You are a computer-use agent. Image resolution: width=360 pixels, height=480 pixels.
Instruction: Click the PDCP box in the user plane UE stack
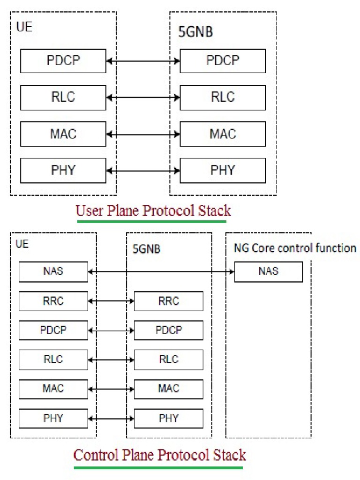click(63, 61)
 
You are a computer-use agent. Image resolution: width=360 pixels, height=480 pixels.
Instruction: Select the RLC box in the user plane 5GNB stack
click(223, 97)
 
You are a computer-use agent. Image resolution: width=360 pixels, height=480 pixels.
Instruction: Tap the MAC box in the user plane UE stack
click(63, 134)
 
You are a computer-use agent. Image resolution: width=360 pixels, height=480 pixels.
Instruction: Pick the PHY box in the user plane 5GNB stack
click(223, 171)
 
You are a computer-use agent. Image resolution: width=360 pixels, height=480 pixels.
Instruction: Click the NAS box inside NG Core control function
click(268, 272)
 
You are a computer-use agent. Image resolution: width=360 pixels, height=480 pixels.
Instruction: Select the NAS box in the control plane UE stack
click(53, 272)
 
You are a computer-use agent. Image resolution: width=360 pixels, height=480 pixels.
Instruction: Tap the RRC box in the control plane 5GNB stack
click(168, 301)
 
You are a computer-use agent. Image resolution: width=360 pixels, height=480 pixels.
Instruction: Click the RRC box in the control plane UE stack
click(53, 301)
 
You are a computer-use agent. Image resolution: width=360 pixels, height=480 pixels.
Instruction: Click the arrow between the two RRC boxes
click(111, 301)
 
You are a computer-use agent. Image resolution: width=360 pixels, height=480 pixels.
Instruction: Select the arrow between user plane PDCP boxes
click(143, 61)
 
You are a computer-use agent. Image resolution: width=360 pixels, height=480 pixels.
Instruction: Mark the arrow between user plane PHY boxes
click(143, 171)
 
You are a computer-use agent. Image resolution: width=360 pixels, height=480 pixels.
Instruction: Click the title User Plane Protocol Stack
click(153, 211)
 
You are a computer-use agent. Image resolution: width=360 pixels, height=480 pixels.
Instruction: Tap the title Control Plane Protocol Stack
click(159, 455)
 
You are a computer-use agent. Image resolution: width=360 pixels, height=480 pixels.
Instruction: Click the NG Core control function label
click(294, 248)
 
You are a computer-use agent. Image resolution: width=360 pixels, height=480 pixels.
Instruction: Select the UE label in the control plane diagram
click(22, 245)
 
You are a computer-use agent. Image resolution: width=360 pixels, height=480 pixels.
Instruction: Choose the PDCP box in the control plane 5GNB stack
click(168, 330)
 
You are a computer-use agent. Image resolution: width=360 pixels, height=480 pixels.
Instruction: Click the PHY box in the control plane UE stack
click(53, 418)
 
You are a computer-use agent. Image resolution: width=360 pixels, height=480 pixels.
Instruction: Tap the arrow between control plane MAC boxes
click(111, 389)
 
